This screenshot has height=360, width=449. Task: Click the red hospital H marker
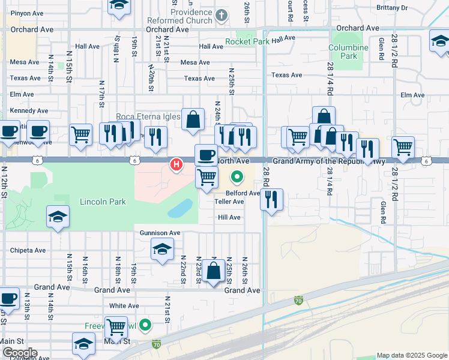pos(176,164)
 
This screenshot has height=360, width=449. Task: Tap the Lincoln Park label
pos(103,202)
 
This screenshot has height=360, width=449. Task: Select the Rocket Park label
pos(247,42)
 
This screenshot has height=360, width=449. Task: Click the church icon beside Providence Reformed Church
pos(221,15)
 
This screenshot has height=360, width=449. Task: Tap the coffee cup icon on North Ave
pos(206,155)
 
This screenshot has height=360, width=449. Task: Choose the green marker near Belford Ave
pos(237,177)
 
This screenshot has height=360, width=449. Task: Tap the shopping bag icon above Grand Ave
pos(214,271)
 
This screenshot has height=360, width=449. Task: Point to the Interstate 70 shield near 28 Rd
pos(298,300)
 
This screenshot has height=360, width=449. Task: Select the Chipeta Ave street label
pos(28,250)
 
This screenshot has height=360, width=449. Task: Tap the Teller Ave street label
pos(229,202)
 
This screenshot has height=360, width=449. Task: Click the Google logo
pos(19,353)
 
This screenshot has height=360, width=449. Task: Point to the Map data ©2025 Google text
pos(411,355)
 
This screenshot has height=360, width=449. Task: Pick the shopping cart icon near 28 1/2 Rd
pos(403,147)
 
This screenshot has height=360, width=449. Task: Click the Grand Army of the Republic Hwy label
pos(329,161)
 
